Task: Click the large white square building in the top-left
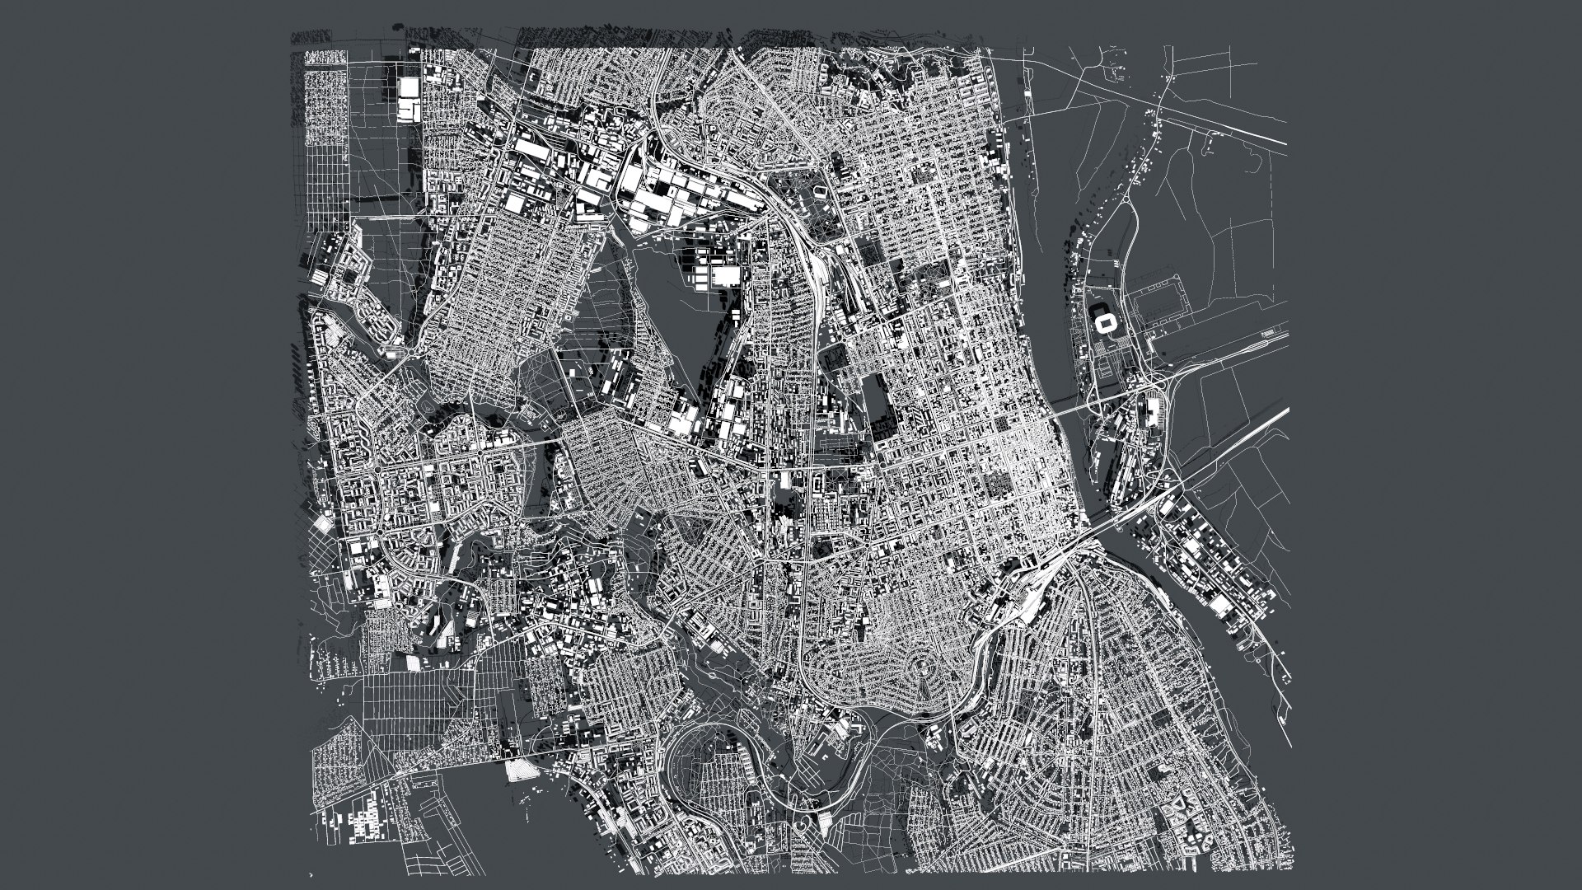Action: pos(407,101)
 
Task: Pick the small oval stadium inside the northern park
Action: pos(819,191)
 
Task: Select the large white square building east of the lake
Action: pos(726,276)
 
